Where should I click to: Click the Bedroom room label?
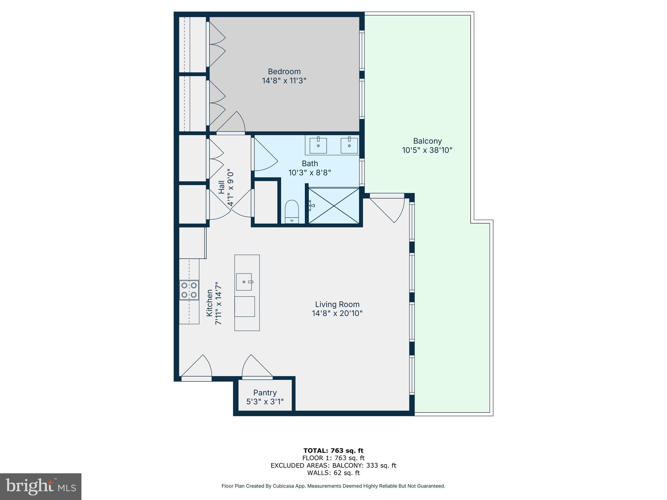[284, 72]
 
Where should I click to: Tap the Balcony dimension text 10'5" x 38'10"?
[427, 150]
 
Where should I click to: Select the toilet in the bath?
[292, 211]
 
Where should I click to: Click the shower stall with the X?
[334, 205]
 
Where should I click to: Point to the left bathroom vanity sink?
[318, 145]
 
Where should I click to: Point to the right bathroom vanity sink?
[349, 145]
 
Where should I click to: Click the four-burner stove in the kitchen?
[189, 290]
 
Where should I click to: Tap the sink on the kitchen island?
[244, 282]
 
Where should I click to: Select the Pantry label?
[265, 393]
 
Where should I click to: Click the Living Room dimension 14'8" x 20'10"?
[337, 313]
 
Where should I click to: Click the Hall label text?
[221, 187]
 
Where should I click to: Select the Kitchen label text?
[209, 303]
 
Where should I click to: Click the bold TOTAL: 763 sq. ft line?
[333, 451]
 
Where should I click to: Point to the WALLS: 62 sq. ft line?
[333, 473]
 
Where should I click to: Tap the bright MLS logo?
[41, 487]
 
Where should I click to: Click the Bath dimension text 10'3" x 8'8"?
[310, 173]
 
